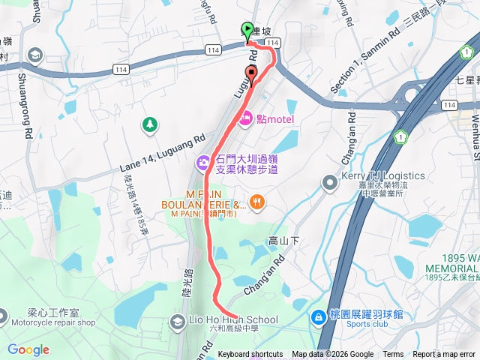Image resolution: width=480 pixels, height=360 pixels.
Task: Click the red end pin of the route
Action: pyautogui.click(x=250, y=73)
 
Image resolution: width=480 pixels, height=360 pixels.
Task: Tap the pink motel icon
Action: pyautogui.click(x=245, y=118)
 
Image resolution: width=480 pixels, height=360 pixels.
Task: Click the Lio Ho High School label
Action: pyautogui.click(x=234, y=320)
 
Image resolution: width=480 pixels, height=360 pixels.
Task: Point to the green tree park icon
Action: pyautogui.click(x=151, y=124)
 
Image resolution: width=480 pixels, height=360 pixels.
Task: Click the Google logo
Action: pyautogui.click(x=28, y=349)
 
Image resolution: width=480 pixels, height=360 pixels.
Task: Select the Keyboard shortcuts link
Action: pyautogui.click(x=250, y=355)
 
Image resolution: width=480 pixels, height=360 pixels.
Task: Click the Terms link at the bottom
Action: pyautogui.click(x=393, y=355)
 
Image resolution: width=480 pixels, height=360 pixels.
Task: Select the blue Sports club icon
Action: pyautogui.click(x=319, y=316)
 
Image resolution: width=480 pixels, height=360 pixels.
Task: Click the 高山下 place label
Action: pyautogui.click(x=284, y=241)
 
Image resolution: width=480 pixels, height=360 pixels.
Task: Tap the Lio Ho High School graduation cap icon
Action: pyautogui.click(x=177, y=322)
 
